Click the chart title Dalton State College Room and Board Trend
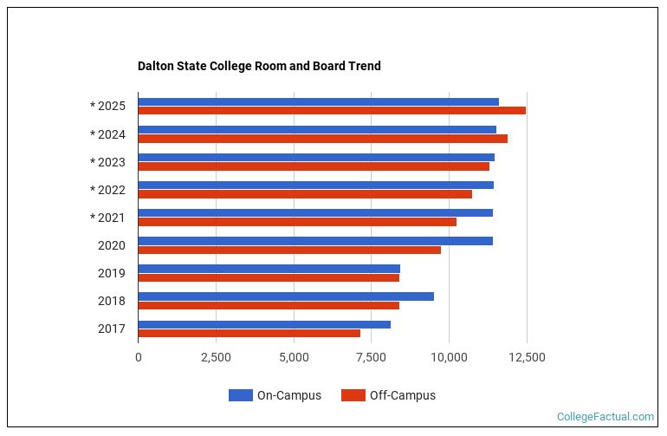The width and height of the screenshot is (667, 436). [259, 66]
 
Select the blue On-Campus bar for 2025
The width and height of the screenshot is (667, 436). [318, 101]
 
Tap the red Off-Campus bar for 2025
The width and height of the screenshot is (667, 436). [332, 111]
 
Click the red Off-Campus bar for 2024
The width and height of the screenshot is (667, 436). [322, 139]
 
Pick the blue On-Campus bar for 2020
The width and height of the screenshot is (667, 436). [315, 240]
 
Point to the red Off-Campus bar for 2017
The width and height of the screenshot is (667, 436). [249, 333]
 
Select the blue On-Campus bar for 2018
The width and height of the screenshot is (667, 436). [286, 296]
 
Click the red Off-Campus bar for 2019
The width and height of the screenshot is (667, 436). [269, 277]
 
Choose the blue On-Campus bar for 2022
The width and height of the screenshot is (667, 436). [315, 185]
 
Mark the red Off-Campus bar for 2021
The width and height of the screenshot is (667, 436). [297, 222]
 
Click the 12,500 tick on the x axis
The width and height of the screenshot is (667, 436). [527, 357]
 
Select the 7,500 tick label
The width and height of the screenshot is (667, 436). [372, 357]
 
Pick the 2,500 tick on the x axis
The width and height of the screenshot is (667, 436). [216, 357]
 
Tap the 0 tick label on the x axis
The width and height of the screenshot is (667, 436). [139, 357]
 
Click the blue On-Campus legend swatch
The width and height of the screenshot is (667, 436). [241, 395]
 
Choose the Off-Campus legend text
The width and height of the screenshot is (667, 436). [402, 395]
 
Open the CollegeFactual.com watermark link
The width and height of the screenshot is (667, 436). [605, 417]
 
